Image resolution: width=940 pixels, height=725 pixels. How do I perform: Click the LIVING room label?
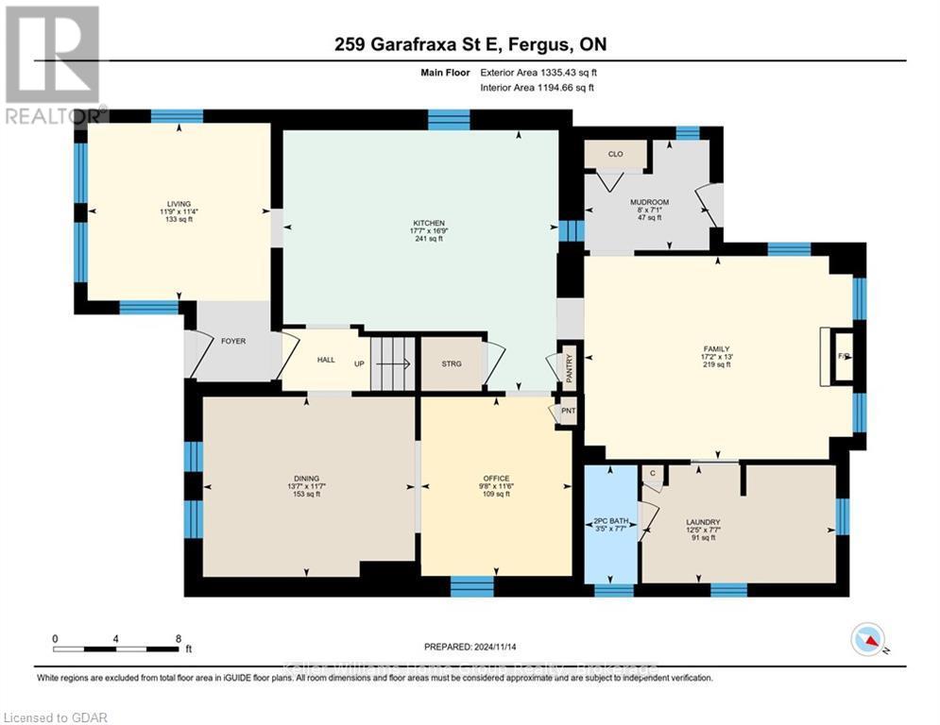pos(179,204)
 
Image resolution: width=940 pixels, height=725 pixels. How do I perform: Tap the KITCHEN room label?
pos(420,223)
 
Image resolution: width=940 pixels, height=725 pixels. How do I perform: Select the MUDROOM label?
pos(649,202)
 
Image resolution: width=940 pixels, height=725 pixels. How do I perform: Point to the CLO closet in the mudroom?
pos(615,153)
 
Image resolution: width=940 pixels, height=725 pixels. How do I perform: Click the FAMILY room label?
pos(717,348)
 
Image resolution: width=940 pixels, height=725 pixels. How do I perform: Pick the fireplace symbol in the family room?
pos(843,356)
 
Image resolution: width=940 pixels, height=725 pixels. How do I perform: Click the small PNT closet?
pos(568,412)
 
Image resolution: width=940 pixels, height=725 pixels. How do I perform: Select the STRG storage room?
pos(452,362)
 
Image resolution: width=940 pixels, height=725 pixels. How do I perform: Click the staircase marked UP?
pos(389,362)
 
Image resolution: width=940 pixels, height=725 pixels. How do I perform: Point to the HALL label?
pos(326,360)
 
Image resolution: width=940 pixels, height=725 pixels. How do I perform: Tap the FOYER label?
pos(233,341)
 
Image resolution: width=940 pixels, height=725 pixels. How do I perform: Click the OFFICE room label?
pos(496,479)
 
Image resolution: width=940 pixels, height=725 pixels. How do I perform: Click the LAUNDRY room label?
pos(703,522)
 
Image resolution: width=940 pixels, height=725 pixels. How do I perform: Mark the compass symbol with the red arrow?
pos(866,639)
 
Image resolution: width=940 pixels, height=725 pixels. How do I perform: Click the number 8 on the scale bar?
pos(178,638)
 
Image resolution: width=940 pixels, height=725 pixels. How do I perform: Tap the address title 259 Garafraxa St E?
pos(470,44)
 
